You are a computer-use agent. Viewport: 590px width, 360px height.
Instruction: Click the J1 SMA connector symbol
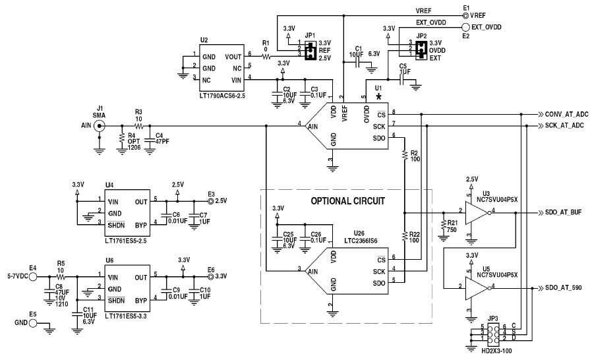(100, 125)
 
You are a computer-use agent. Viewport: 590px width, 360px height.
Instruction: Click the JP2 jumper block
(418, 49)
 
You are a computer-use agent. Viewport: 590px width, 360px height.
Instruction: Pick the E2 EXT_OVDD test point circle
(465, 27)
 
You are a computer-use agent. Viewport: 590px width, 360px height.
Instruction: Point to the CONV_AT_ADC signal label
(567, 114)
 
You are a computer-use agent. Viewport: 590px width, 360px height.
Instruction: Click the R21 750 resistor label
(452, 226)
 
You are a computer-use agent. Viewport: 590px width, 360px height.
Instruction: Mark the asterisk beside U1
(379, 97)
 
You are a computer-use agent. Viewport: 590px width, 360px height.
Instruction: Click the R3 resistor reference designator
(138, 111)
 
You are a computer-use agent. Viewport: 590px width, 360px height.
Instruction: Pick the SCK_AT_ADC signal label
(566, 125)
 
